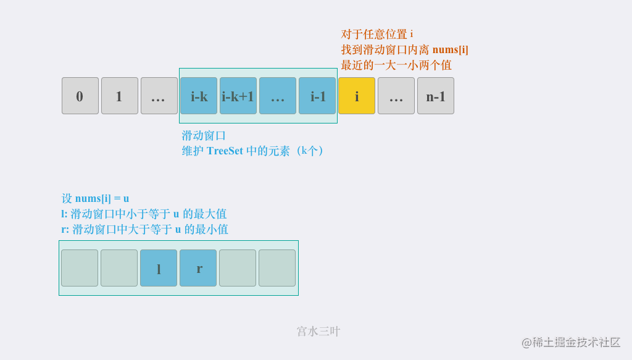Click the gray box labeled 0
(80, 96)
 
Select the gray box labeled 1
(120, 96)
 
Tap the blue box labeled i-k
(199, 96)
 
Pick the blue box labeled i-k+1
(238, 96)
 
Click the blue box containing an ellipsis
(278, 96)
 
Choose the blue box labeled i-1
(317, 96)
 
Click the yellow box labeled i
(357, 96)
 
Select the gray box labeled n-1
(436, 96)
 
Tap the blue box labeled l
(159, 268)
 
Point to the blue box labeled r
(198, 268)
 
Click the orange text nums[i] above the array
(450, 49)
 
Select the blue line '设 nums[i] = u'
(95, 198)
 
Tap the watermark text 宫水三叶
(319, 332)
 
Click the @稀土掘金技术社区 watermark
(571, 342)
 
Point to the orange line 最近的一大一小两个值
(396, 65)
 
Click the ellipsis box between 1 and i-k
(159, 96)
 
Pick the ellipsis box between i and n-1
(396, 96)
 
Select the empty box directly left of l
(119, 268)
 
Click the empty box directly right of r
(238, 268)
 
